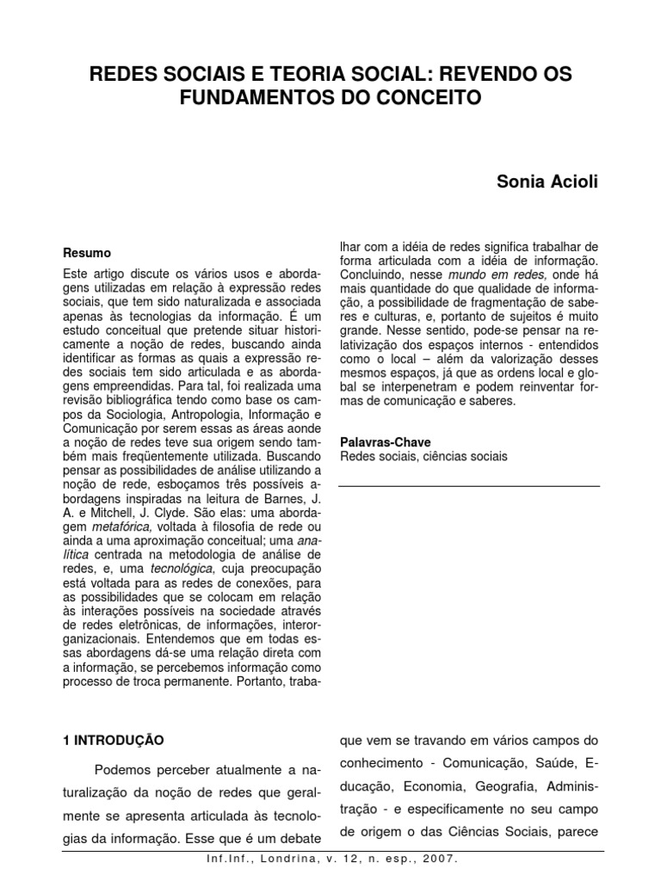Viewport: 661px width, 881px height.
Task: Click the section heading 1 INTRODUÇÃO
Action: click(114, 739)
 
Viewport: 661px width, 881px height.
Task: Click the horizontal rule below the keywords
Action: click(469, 487)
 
